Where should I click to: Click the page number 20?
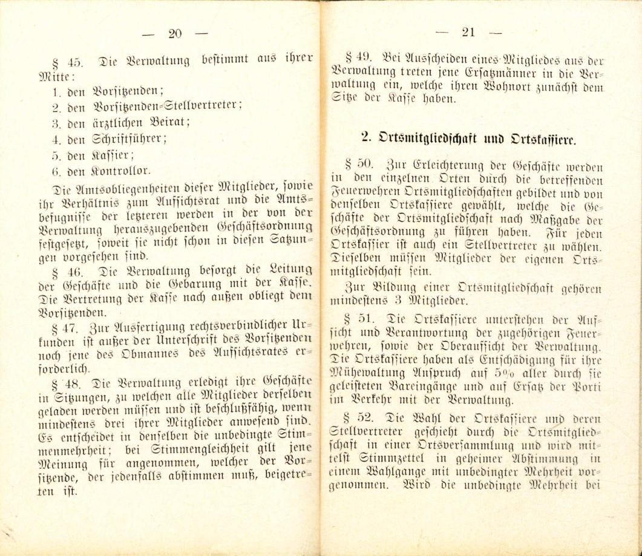175,34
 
